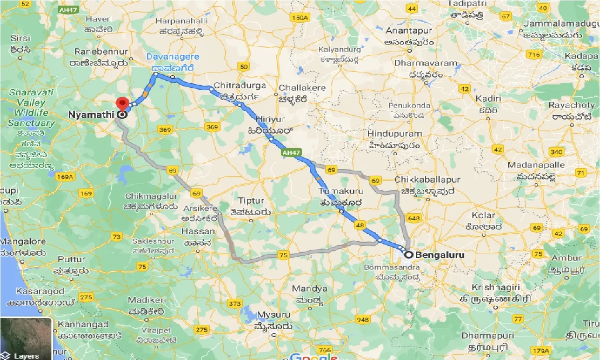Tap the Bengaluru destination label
click(440, 255)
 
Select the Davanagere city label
click(172, 57)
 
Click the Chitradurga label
click(240, 86)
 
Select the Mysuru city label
click(275, 315)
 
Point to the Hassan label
click(199, 231)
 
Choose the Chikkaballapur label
click(427, 180)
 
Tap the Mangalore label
click(23, 242)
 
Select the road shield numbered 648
click(414, 218)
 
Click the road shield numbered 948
click(362, 320)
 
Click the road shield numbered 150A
click(299, 18)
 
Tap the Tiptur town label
click(251, 201)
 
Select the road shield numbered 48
click(359, 225)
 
